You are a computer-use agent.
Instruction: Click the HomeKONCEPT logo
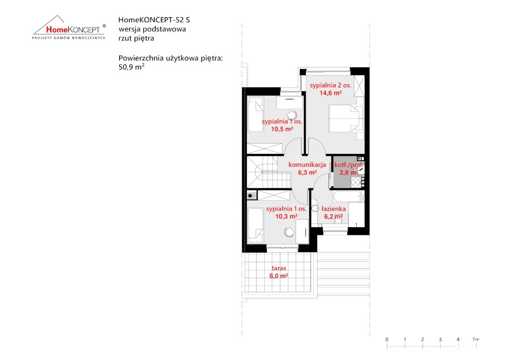[x=69, y=28]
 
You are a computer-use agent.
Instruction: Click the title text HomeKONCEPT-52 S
[x=154, y=20]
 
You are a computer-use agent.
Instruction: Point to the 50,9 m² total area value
[x=131, y=67]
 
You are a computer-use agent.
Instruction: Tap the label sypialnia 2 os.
[x=330, y=85]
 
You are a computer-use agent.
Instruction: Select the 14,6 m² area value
[x=331, y=93]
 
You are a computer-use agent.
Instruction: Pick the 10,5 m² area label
[x=282, y=129]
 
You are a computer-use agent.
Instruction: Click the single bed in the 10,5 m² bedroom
[x=256, y=114]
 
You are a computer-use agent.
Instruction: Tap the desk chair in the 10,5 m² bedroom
[x=292, y=114]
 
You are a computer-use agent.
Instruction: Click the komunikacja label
[x=307, y=165]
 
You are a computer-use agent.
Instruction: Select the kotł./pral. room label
[x=348, y=165]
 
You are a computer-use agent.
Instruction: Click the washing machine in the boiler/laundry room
[x=356, y=182]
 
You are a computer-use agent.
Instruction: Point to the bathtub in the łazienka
[x=348, y=196]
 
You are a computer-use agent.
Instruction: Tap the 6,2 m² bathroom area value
[x=333, y=216]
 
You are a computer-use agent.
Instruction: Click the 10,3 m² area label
[x=286, y=216]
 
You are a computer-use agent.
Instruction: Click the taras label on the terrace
[x=279, y=268]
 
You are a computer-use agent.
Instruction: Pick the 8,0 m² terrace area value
[x=279, y=276]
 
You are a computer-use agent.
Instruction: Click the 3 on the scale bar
[x=440, y=339]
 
